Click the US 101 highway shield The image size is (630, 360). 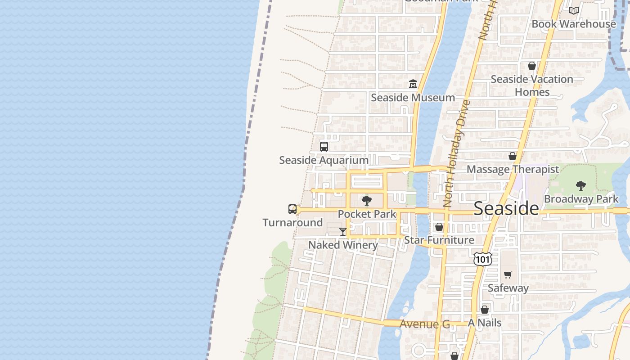click(x=482, y=259)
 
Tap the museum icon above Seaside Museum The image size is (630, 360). click(x=413, y=84)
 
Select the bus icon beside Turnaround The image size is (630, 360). click(x=292, y=209)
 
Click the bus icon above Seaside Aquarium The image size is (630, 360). click(x=324, y=147)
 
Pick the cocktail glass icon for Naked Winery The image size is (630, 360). click(x=343, y=232)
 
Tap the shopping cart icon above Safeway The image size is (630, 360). click(x=508, y=274)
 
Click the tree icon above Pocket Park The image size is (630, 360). click(x=367, y=201)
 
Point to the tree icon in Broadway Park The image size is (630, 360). click(x=581, y=185)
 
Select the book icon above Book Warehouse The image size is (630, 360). click(x=573, y=10)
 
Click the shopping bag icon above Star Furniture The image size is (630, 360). click(x=439, y=227)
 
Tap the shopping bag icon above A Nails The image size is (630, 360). click(x=485, y=310)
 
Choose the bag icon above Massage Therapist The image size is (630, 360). click(x=513, y=156)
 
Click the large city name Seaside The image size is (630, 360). click(x=506, y=208)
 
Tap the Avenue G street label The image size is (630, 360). click(x=424, y=324)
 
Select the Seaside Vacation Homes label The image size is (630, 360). click(x=532, y=85)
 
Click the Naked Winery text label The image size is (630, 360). click(x=343, y=245)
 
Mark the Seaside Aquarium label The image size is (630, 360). click(x=324, y=160)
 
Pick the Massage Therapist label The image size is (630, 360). click(x=513, y=170)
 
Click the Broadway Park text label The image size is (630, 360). click(x=581, y=199)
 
